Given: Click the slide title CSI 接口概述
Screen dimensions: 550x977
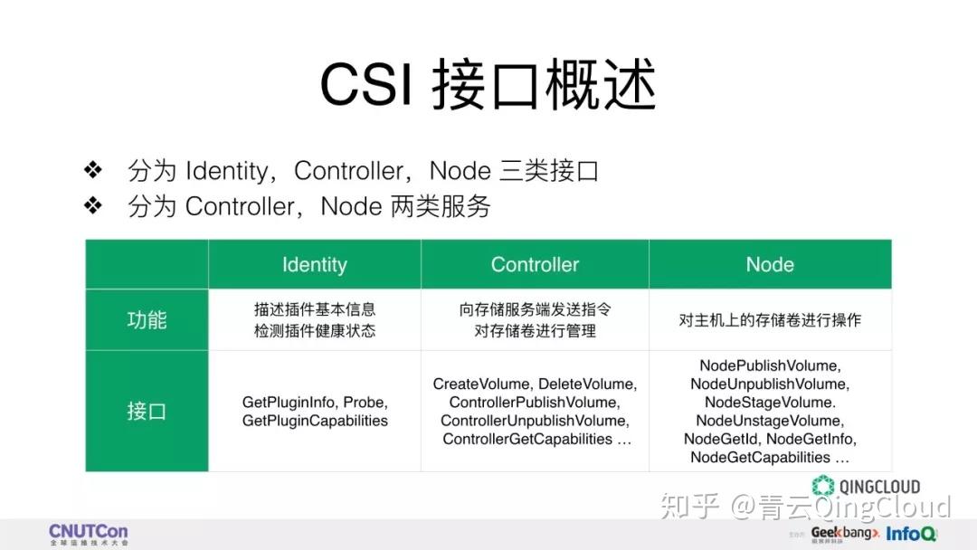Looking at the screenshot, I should pos(488,87).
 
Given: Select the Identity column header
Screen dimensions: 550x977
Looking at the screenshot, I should pos(314,265).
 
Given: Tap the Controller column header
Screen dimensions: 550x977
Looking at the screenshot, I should pos(535,265).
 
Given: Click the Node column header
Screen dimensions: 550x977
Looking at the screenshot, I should pos(770,265).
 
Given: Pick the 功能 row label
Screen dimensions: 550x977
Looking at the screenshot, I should pos(147,320).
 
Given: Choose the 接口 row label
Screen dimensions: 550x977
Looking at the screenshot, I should pos(147,412).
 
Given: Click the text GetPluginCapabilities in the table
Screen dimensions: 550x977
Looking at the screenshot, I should pos(315,421).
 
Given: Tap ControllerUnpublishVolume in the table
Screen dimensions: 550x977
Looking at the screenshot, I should pos(534,421).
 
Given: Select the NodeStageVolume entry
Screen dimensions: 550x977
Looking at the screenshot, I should pos(769,403).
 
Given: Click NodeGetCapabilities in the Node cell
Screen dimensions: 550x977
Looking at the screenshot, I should pos(760,457).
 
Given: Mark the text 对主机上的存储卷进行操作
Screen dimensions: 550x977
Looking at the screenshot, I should pos(770,320).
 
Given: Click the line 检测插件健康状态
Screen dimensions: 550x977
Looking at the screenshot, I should pos(315,331).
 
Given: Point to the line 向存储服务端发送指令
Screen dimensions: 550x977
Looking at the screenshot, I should pos(535,309).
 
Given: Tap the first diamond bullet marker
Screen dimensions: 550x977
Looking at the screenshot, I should pos(93,170).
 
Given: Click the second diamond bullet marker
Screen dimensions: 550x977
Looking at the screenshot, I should pos(93,206).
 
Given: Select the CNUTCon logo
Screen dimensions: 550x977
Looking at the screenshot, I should pos(88,534).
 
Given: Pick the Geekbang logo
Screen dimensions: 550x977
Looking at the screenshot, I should pos(845,534).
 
